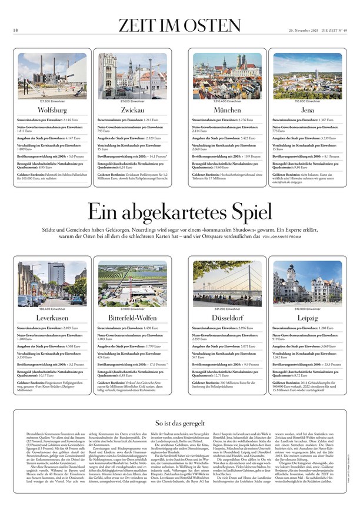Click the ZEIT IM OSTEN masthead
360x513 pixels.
[179, 26]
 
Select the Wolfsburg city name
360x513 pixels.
[52, 110]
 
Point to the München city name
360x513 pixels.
[227, 110]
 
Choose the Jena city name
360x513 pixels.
[308, 110]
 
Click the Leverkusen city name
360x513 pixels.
[52, 318]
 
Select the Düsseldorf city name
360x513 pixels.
[227, 318]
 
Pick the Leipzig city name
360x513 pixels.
[308, 318]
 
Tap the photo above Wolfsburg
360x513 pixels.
[52, 76]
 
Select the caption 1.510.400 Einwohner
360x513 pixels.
[227, 101]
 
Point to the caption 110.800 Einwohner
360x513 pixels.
[308, 101]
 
